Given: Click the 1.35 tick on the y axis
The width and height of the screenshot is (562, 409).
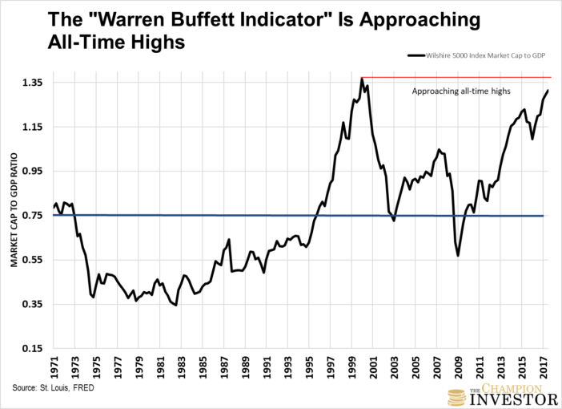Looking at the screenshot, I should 40,83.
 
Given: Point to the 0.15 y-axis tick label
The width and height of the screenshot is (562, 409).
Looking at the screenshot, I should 40,348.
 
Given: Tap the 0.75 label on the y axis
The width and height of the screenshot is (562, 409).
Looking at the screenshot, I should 40,216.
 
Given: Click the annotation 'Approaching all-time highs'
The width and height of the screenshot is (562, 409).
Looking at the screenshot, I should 460,91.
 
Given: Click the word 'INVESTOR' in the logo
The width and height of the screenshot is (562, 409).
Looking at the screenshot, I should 513,398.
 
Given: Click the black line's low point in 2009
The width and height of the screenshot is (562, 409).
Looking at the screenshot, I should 458,255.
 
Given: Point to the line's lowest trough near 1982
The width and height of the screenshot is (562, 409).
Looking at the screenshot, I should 175,306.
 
